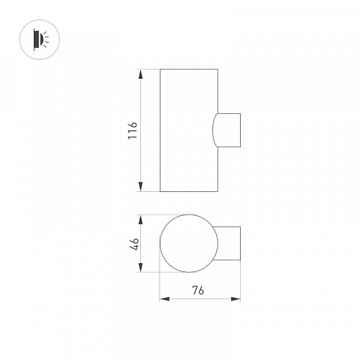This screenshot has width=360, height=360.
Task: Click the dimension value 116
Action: pyautogui.click(x=133, y=130)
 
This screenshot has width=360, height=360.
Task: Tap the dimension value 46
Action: pyautogui.click(x=134, y=243)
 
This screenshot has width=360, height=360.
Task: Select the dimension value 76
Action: pyautogui.click(x=198, y=290)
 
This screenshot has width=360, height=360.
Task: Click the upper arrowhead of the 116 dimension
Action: pyautogui.click(x=140, y=74)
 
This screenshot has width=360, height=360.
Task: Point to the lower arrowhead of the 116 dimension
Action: pyautogui.click(x=140, y=187)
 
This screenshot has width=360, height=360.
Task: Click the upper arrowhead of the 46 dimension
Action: pyautogui.click(x=140, y=220)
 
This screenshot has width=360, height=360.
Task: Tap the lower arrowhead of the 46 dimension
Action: pyautogui.click(x=140, y=267)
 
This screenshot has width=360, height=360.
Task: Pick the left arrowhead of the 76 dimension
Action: pyautogui.click(x=165, y=298)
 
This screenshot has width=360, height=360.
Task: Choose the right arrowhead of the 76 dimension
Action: pyautogui.click(x=235, y=298)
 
